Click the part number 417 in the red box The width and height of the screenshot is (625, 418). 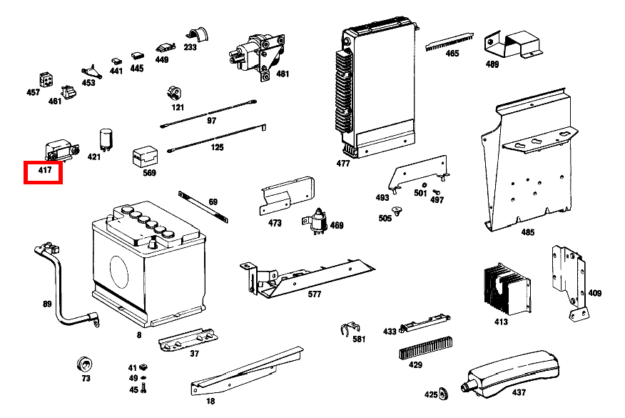pyautogui.click(x=44, y=172)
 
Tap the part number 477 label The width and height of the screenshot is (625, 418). pyautogui.click(x=343, y=164)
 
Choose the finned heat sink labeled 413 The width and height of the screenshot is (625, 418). pyautogui.click(x=505, y=289)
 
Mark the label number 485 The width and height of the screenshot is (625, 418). pyautogui.click(x=527, y=232)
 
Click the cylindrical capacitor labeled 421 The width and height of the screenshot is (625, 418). pyautogui.click(x=107, y=139)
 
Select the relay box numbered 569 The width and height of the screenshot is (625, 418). pyautogui.click(x=146, y=157)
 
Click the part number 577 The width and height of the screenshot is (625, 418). pyautogui.click(x=314, y=294)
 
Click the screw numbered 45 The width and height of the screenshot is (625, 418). pyautogui.click(x=145, y=388)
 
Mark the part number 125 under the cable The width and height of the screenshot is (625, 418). pyautogui.click(x=217, y=147)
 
